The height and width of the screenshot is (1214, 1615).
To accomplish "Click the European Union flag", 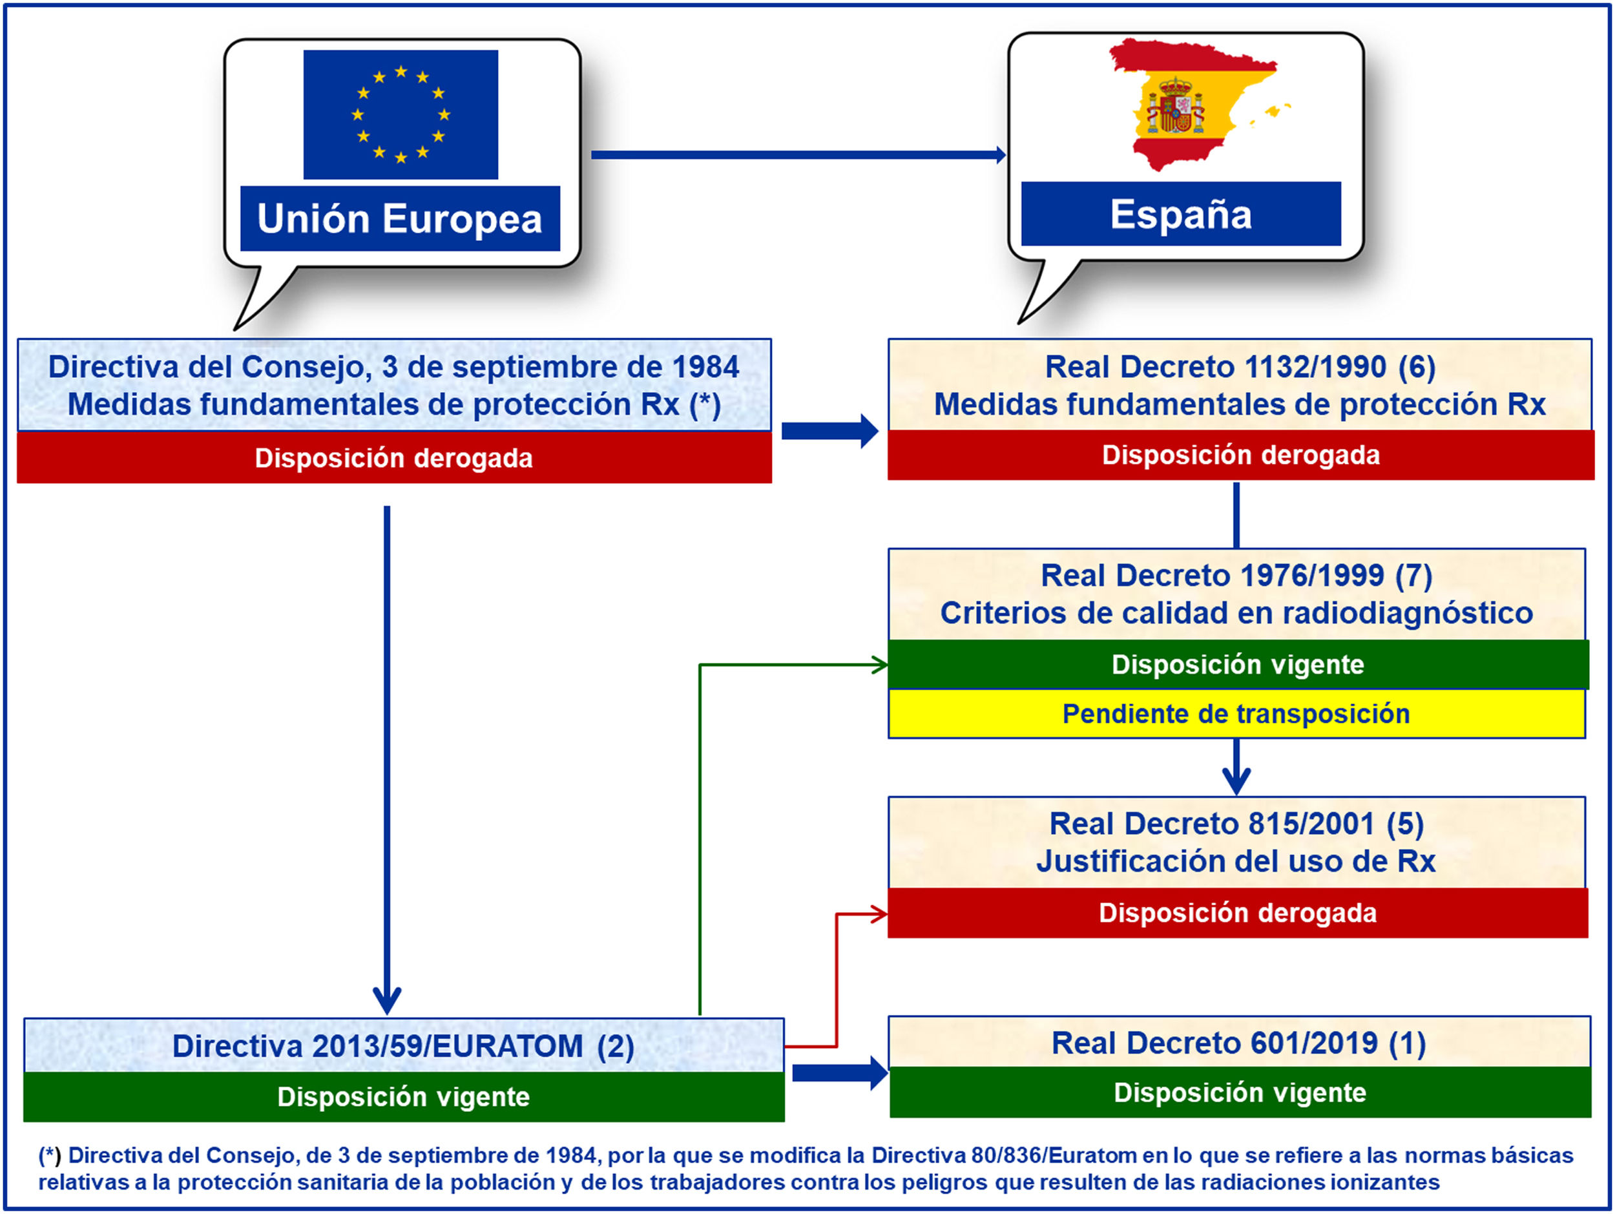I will click(401, 114).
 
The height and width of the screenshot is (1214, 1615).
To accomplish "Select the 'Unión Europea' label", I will click(400, 219).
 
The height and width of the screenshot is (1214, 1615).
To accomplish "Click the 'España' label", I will click(1181, 215).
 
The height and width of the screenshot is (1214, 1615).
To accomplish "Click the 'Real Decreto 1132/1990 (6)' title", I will click(1240, 367).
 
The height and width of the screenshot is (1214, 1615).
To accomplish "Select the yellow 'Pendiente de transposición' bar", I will click(1236, 714).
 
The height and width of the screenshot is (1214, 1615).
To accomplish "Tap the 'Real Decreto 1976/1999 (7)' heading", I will click(1236, 575).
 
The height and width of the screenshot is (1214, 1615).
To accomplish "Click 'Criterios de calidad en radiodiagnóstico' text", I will click(1236, 613).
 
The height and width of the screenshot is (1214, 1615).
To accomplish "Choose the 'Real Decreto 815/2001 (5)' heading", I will click(1236, 824).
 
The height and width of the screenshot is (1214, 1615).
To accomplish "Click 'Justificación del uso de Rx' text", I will click(1236, 861).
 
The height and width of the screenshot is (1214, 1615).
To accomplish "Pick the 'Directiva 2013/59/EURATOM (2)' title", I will click(403, 1046).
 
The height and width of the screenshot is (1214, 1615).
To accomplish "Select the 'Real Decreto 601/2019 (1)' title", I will click(1238, 1043).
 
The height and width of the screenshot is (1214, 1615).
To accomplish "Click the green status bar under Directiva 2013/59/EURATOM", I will click(403, 1096).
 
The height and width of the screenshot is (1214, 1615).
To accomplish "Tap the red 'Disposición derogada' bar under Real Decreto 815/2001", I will click(1238, 913).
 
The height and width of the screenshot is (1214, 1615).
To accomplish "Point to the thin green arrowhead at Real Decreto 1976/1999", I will click(879, 665).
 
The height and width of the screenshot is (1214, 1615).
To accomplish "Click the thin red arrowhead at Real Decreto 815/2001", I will click(879, 914).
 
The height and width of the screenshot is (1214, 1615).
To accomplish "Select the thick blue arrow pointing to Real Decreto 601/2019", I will click(840, 1073).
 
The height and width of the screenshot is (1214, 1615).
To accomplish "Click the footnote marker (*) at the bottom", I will click(50, 1156).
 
